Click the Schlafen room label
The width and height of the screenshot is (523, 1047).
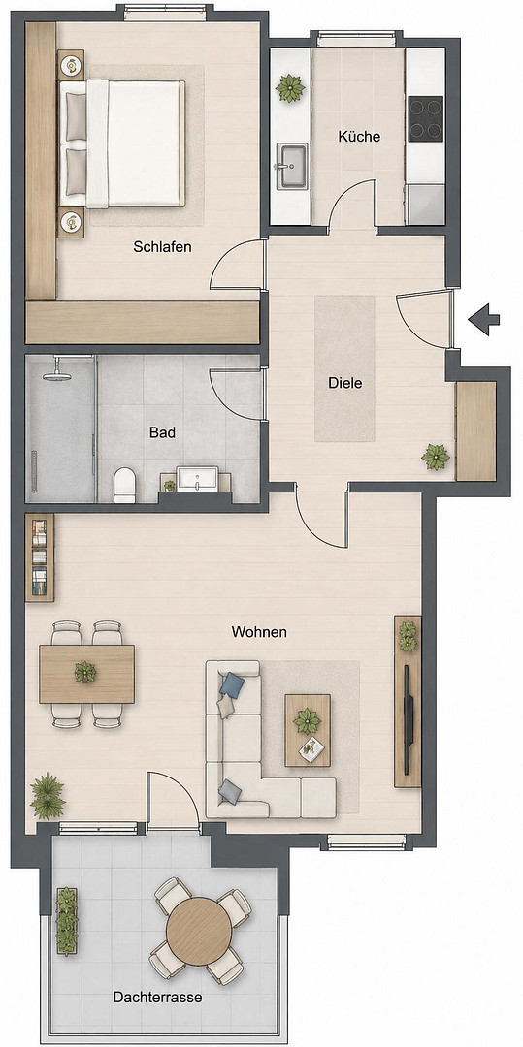pyautogui.click(x=162, y=247)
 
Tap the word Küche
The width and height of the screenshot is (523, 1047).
pyautogui.click(x=359, y=137)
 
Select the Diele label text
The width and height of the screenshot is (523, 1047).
pyautogui.click(x=344, y=383)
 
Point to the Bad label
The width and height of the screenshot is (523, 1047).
pyautogui.click(x=162, y=432)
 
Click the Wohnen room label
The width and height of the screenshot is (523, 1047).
pyautogui.click(x=259, y=632)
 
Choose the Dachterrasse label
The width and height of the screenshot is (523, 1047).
pyautogui.click(x=157, y=998)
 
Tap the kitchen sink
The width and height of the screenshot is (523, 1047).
pyautogui.click(x=292, y=167)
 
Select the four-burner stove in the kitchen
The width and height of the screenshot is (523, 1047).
pyautogui.click(x=425, y=118)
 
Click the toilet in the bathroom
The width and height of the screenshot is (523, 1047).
pyautogui.click(x=124, y=485)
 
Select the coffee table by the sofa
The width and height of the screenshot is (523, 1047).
pyautogui.click(x=308, y=730)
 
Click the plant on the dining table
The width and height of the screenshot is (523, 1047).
pyautogui.click(x=85, y=673)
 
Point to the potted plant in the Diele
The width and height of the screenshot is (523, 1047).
pyautogui.click(x=436, y=458)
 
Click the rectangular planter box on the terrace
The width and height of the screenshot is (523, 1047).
pyautogui.click(x=66, y=921)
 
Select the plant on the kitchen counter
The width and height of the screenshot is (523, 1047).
pyautogui.click(x=290, y=88)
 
